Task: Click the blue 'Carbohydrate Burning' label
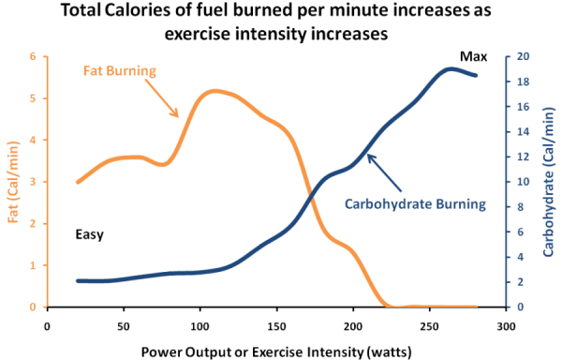(x=413, y=202)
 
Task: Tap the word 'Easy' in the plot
(x=89, y=235)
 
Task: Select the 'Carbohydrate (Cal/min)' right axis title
(x=548, y=181)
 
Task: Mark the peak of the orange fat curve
(x=215, y=91)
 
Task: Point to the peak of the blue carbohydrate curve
(x=452, y=68)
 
